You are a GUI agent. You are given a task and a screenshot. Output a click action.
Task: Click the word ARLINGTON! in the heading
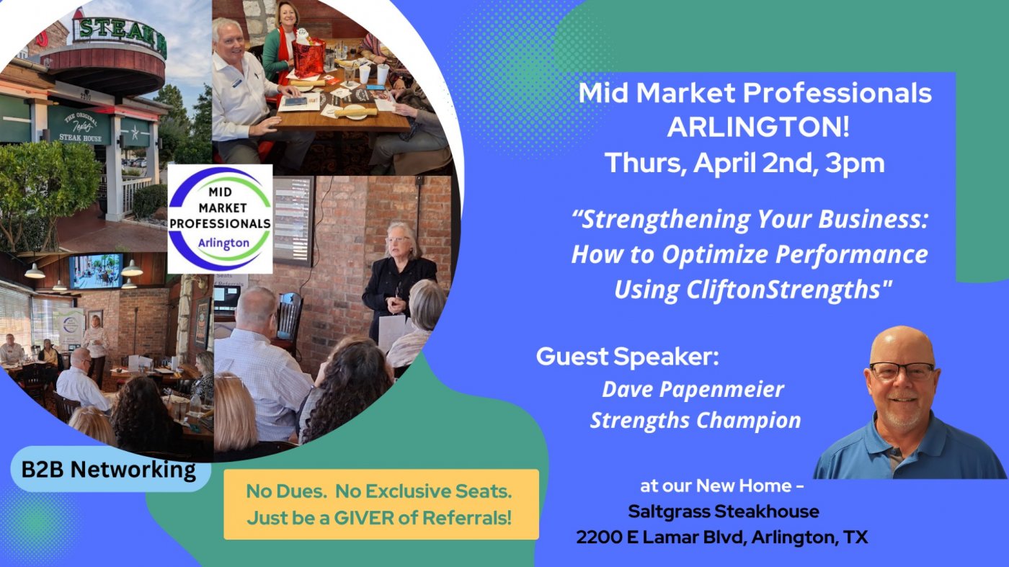(x=758, y=128)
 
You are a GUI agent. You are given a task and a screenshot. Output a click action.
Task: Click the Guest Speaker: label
(x=627, y=357)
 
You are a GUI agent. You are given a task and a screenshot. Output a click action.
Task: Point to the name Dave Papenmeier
(x=693, y=390)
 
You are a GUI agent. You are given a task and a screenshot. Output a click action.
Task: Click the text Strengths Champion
(x=695, y=421)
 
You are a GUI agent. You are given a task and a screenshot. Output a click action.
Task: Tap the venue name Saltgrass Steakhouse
(x=724, y=512)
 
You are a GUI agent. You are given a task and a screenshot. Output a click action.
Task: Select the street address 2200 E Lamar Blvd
(x=661, y=537)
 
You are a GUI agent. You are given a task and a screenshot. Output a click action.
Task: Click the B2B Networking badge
(x=109, y=469)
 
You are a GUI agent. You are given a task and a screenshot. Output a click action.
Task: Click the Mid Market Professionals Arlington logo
(x=220, y=219)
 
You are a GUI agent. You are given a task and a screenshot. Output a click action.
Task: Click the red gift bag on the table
(x=308, y=56)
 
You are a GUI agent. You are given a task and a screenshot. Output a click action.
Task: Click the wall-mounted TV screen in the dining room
(x=96, y=271)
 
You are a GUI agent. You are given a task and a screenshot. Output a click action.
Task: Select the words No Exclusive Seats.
(x=424, y=491)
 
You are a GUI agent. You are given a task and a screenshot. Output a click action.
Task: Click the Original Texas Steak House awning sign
(x=80, y=125)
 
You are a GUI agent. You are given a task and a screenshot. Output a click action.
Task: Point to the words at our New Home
(x=722, y=486)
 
